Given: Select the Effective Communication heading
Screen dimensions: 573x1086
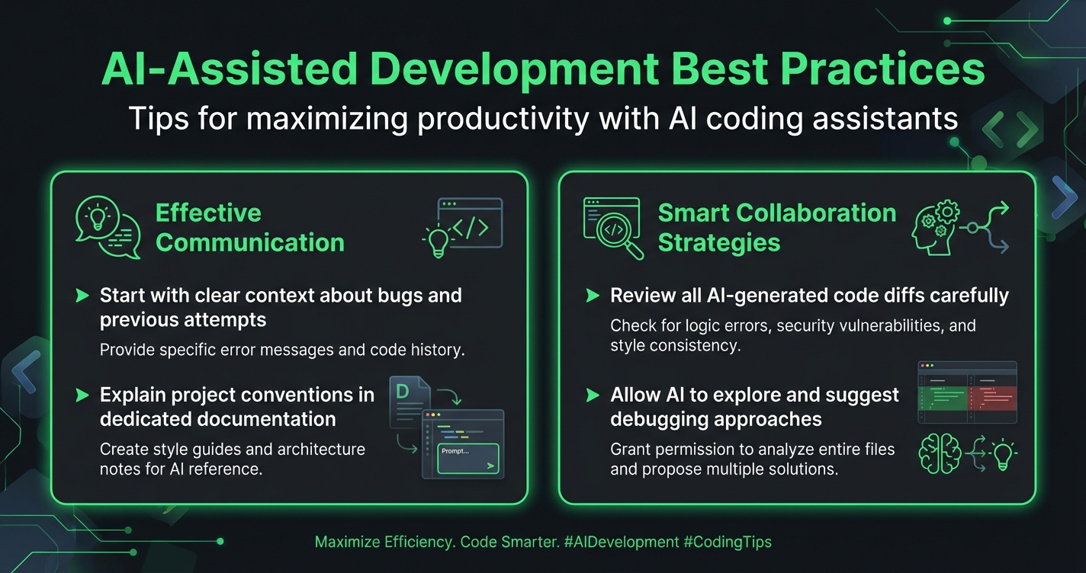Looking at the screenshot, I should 249,228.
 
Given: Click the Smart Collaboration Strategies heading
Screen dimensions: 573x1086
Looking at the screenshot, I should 776,228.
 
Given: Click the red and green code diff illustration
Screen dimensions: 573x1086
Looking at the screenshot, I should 968,392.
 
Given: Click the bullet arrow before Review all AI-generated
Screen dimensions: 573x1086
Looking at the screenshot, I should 592,296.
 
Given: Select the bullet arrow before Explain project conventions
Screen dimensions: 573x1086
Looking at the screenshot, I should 82,395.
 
